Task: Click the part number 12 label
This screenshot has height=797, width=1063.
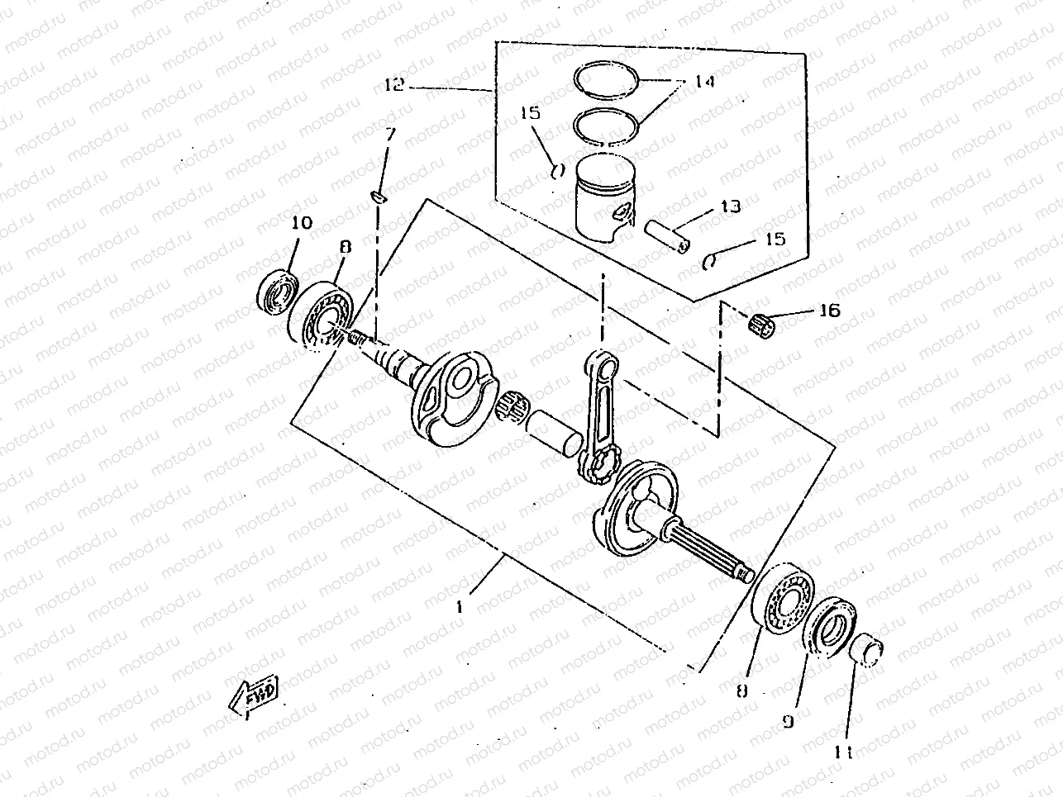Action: [395, 84]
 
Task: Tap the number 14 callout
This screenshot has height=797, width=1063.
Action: [704, 83]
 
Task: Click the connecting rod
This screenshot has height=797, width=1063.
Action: [601, 413]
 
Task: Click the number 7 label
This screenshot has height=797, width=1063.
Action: [390, 133]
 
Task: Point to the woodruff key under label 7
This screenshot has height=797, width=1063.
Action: [377, 197]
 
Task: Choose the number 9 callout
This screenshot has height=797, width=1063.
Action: [787, 721]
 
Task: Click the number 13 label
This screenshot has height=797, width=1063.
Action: [730, 206]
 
